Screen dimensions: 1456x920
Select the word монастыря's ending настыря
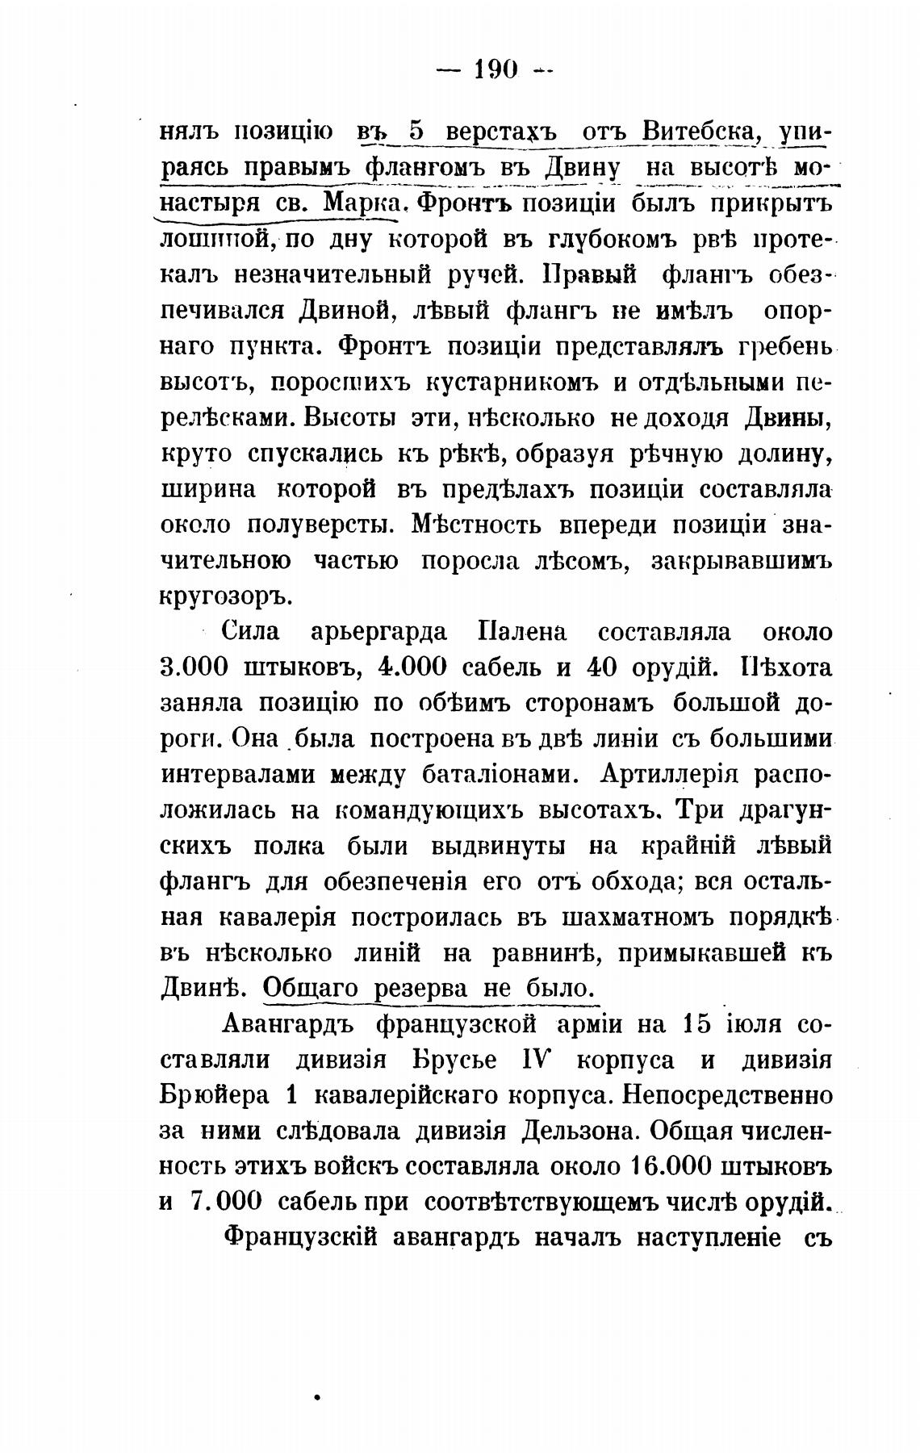coord(206,203)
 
